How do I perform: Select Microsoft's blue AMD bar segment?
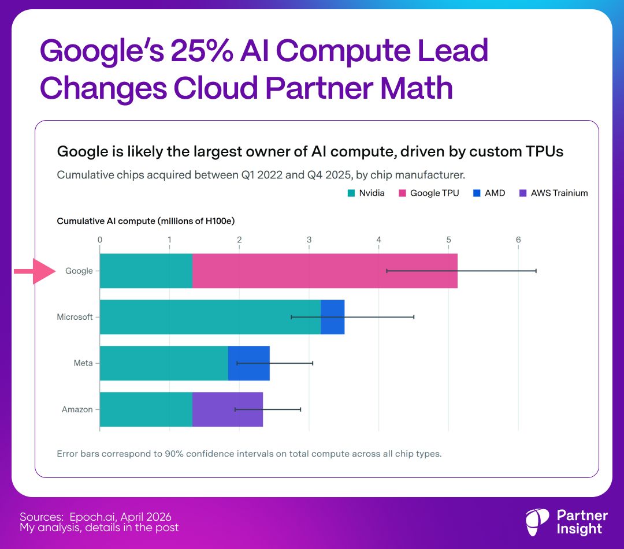coord(332,317)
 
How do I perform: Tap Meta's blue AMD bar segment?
coord(248,363)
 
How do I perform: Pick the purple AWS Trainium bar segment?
coord(227,409)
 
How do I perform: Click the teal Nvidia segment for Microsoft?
coord(210,317)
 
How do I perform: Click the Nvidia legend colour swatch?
coord(351,193)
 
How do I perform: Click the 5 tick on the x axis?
coord(448,240)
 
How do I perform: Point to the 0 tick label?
coord(100,240)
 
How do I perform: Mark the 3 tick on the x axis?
coord(309,240)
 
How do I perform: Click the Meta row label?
coord(83,363)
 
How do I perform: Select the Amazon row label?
coord(77,409)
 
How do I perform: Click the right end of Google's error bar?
coord(536,271)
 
